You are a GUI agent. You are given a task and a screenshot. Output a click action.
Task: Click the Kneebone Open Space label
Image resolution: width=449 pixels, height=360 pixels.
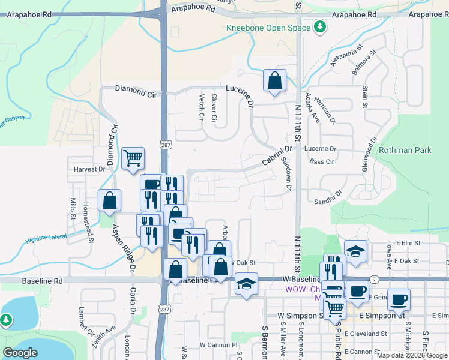(268, 28)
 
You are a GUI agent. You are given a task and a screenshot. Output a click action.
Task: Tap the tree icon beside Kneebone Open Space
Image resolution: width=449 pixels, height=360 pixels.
(320, 26)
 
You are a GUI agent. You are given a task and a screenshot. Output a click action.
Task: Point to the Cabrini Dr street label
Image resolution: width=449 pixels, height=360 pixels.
(276, 157)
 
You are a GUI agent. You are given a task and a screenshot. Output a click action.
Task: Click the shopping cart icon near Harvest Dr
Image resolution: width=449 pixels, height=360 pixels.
(133, 159)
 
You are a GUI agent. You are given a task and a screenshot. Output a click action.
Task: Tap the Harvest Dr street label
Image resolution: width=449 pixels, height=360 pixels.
(89, 169)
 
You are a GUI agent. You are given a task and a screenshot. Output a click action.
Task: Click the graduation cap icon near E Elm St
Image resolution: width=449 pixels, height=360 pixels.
(355, 253)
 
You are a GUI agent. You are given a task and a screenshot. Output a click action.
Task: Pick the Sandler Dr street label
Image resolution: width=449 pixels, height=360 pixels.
(328, 198)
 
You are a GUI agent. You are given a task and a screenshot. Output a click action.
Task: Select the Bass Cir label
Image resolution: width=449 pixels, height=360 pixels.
(322, 162)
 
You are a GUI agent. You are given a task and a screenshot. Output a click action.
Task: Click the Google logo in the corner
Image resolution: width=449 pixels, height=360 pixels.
(20, 353)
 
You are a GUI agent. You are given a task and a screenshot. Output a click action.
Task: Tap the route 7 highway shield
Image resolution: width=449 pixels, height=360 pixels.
(374, 280)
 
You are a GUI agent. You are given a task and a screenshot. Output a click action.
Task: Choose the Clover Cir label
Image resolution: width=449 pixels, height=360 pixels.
(214, 106)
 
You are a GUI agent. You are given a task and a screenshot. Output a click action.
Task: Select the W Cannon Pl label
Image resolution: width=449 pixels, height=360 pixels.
(219, 345)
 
